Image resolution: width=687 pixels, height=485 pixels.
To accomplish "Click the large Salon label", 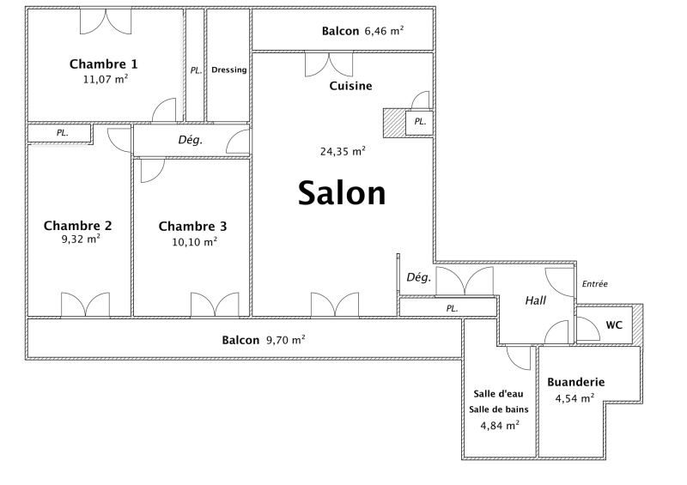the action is click(x=342, y=193).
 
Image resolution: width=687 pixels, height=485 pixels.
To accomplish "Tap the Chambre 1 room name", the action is click(x=103, y=64).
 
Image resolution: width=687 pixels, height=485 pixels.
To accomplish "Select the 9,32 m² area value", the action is click(x=81, y=239).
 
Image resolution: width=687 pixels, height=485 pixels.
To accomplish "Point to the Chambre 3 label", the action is click(x=192, y=226).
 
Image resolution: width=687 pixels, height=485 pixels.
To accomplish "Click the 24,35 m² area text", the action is click(x=343, y=152).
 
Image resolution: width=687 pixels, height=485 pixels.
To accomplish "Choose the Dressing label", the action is click(x=228, y=70).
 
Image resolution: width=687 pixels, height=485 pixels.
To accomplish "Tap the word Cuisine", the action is click(x=350, y=86).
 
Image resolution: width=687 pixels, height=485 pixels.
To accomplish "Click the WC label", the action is click(x=614, y=325).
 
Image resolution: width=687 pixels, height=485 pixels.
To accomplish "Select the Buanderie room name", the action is click(x=575, y=382).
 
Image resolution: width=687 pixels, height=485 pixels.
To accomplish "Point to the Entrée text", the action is click(x=594, y=284).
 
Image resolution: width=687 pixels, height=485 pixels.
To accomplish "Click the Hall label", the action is click(x=535, y=300).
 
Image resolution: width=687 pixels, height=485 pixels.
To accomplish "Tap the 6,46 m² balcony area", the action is click(x=384, y=31).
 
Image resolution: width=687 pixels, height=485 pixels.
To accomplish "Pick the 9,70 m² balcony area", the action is click(x=286, y=340).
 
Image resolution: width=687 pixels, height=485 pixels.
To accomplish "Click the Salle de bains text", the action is click(x=499, y=409).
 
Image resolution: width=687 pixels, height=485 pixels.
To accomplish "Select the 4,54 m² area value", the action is click(x=575, y=398).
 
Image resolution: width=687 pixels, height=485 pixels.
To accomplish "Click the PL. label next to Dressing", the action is click(x=196, y=70).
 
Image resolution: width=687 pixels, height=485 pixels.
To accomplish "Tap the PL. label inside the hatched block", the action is click(x=420, y=122).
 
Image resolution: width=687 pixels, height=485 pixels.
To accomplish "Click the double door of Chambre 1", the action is click(x=105, y=21).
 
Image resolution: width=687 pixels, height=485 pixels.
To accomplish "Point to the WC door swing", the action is click(x=588, y=328).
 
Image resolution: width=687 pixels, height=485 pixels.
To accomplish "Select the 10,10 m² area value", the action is click(x=195, y=242).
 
